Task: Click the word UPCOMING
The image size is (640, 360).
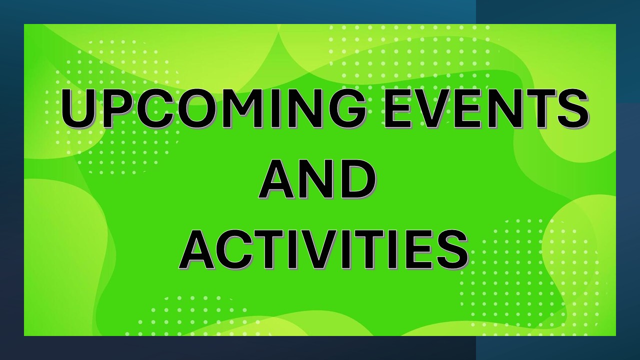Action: coord(213,108)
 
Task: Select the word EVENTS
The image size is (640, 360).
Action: coord(485,108)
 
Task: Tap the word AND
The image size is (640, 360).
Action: coord(317,179)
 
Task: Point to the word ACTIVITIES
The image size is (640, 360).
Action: coord(323,250)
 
